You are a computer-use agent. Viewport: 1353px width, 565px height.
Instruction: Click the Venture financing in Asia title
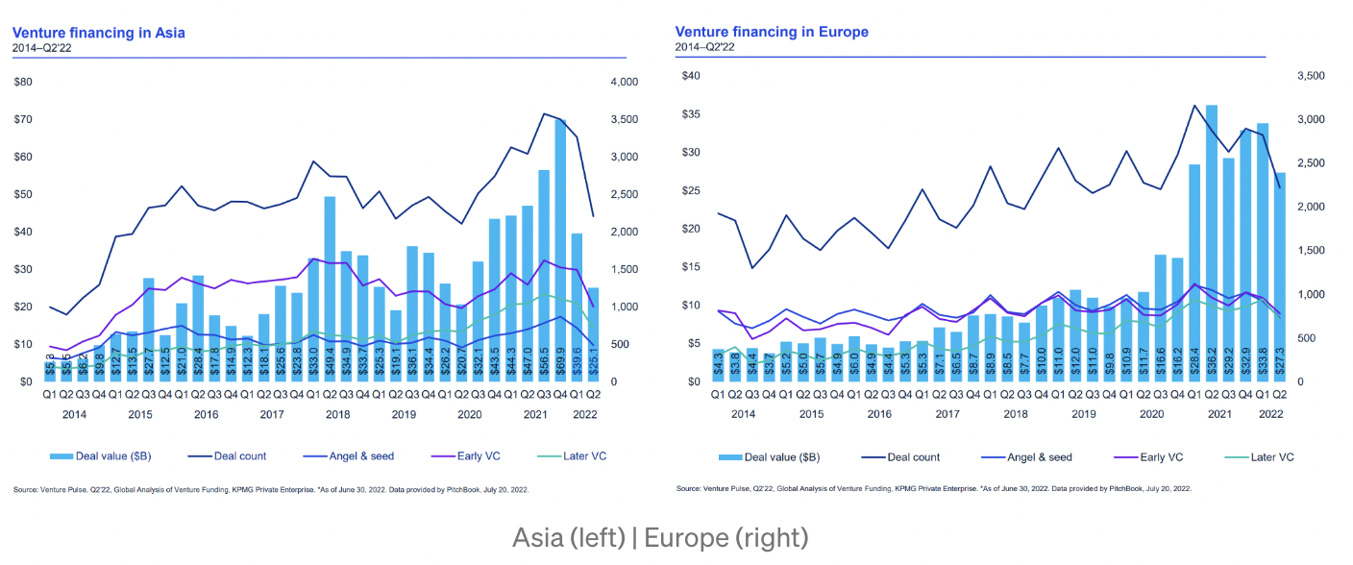tap(99, 33)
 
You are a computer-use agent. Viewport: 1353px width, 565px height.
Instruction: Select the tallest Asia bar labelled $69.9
tap(560, 250)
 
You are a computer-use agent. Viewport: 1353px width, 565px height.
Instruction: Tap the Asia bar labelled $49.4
tap(330, 288)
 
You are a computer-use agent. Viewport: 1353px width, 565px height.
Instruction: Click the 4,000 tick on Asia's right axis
tap(624, 83)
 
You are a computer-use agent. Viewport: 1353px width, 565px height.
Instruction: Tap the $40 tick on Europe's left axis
tap(688, 76)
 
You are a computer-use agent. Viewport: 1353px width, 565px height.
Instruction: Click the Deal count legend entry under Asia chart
tap(235, 456)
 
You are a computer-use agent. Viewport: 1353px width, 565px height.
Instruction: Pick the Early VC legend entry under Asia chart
tap(499, 456)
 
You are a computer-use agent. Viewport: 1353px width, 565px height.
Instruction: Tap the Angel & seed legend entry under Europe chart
tap(1038, 457)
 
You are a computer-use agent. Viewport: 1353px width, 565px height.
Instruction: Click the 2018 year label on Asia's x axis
tap(338, 414)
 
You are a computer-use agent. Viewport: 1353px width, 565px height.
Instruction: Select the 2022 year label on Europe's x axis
tap(1270, 414)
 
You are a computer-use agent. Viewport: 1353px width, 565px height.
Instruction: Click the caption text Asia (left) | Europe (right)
tap(661, 537)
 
